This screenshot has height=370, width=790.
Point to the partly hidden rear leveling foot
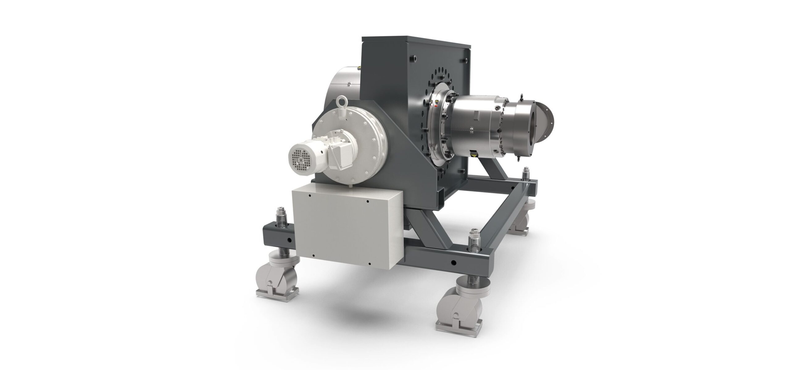coord(522,216)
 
